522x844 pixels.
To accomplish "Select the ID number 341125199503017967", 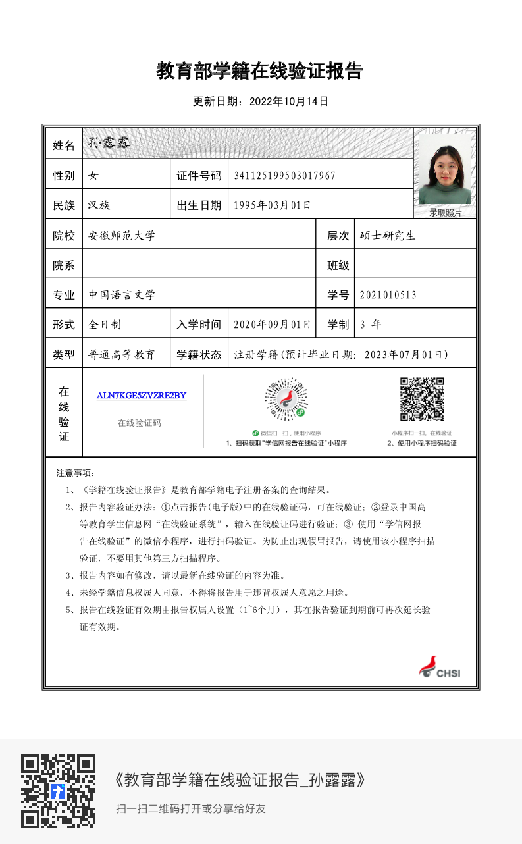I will click(284, 176).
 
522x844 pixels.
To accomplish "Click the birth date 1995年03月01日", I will click(272, 205).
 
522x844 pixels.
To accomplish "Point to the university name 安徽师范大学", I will click(122, 236).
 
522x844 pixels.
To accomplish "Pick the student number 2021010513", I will click(388, 295).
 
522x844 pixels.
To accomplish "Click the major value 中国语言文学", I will click(122, 295).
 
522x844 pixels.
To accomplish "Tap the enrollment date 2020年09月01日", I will click(272, 325).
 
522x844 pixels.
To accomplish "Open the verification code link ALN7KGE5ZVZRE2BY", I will click(142, 396).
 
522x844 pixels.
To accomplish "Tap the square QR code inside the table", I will click(422, 399).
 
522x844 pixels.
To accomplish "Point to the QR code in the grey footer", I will click(58, 791).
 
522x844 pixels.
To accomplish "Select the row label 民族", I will click(64, 205).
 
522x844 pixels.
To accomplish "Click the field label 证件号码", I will click(199, 176).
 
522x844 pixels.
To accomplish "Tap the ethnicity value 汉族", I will click(99, 205).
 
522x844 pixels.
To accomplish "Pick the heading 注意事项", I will click(76, 473).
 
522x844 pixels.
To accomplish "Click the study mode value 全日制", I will click(105, 325).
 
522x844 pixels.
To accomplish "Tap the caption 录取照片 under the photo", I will click(445, 212).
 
